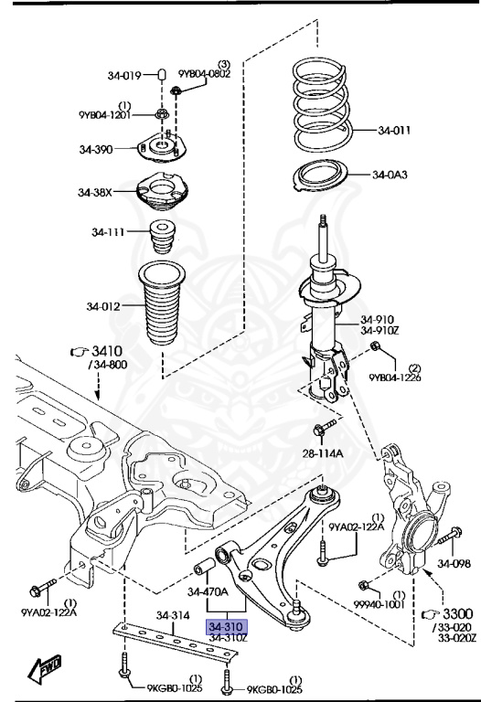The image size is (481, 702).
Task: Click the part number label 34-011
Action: [x=394, y=131]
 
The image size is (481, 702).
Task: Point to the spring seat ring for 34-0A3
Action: [x=320, y=175]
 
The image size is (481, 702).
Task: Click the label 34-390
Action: [x=95, y=149]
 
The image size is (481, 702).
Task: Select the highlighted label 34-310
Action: [x=227, y=627]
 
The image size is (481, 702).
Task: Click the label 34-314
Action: [x=173, y=615]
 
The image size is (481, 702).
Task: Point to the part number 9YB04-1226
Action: [x=394, y=378]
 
